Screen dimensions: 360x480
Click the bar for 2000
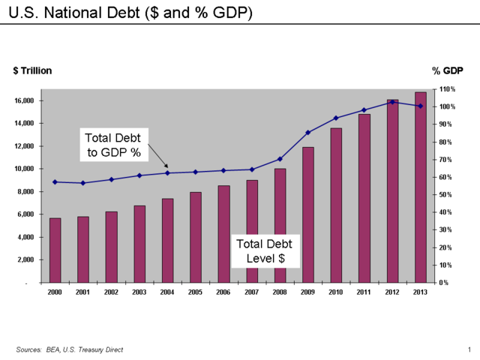click(55, 250)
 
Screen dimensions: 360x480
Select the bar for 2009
click(307, 214)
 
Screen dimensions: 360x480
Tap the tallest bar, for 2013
click(420, 187)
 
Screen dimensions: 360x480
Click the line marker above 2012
click(392, 102)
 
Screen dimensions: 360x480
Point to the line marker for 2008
click(280, 159)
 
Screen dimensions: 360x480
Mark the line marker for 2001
click(82, 183)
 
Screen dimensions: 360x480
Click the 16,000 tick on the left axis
click(24, 100)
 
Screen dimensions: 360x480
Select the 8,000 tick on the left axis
click(26, 191)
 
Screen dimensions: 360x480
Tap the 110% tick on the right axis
click(448, 89)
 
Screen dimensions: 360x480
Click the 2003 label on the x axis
click(139, 292)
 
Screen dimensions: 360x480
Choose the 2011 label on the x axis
click(364, 292)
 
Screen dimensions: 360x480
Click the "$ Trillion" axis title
click(32, 70)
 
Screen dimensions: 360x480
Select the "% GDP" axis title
click(448, 70)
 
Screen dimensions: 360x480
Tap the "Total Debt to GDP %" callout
click(112, 145)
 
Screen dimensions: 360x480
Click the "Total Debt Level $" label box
click(265, 251)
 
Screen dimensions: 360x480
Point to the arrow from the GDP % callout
click(157, 156)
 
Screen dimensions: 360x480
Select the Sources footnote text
click(70, 349)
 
